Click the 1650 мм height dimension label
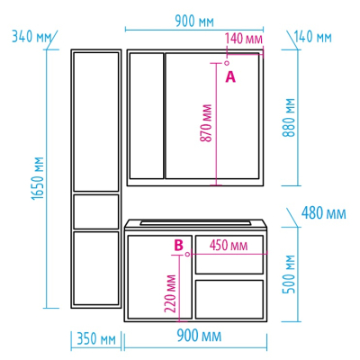pyautogui.click(x=38, y=178)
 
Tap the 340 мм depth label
pyautogui.click(x=31, y=37)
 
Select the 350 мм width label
pyautogui.click(x=96, y=339)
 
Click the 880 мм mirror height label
pyautogui.click(x=289, y=118)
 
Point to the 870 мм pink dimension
pyautogui.click(x=206, y=123)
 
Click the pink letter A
pyautogui.click(x=230, y=77)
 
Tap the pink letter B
pyautogui.click(x=178, y=245)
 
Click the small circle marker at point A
pyautogui.click(x=227, y=63)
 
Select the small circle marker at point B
pyautogui.click(x=187, y=254)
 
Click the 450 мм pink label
pyautogui.click(x=229, y=245)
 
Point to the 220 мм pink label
pyautogui.click(x=170, y=293)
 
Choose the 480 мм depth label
pyautogui.click(x=323, y=213)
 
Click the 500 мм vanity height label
pyautogui.click(x=289, y=274)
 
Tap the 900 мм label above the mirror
pyautogui.click(x=194, y=22)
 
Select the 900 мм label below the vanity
pyautogui.click(x=199, y=336)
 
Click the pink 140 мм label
pyautogui.click(x=244, y=39)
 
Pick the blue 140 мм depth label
pyautogui.click(x=313, y=37)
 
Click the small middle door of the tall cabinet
pyautogui.click(x=96, y=211)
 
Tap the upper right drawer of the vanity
pyautogui.click(x=229, y=255)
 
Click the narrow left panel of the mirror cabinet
pyautogui.click(x=147, y=116)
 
